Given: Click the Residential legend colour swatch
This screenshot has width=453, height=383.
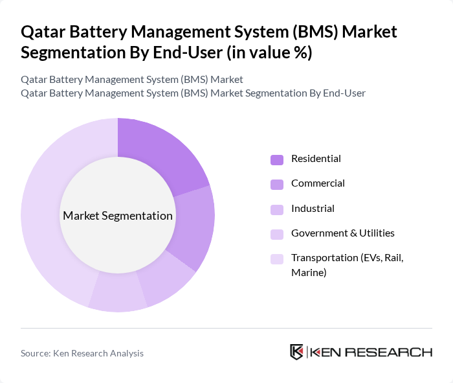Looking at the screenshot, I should tap(277, 159).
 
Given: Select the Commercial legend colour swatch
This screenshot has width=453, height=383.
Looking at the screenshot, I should tap(277, 184).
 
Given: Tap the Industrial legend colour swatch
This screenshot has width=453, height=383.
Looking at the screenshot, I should tap(277, 209).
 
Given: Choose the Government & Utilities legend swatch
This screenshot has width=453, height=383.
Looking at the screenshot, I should tap(277, 234).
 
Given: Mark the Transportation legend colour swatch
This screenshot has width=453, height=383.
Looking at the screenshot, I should tap(277, 259).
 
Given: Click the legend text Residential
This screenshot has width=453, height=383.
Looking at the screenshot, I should tap(316, 159).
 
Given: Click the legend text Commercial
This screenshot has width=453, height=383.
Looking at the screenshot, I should tap(318, 183).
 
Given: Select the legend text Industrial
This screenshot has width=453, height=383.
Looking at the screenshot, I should tap(313, 209).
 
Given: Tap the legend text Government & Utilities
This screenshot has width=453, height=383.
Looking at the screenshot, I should tap(342, 233).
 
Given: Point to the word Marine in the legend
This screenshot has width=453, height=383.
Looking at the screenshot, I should tap(309, 273).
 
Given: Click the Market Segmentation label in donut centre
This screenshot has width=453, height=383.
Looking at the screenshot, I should tap(118, 216).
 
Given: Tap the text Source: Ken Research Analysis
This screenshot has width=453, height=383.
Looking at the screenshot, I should tap(82, 353).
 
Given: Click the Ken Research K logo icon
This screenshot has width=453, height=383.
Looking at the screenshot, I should tap(297, 352).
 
